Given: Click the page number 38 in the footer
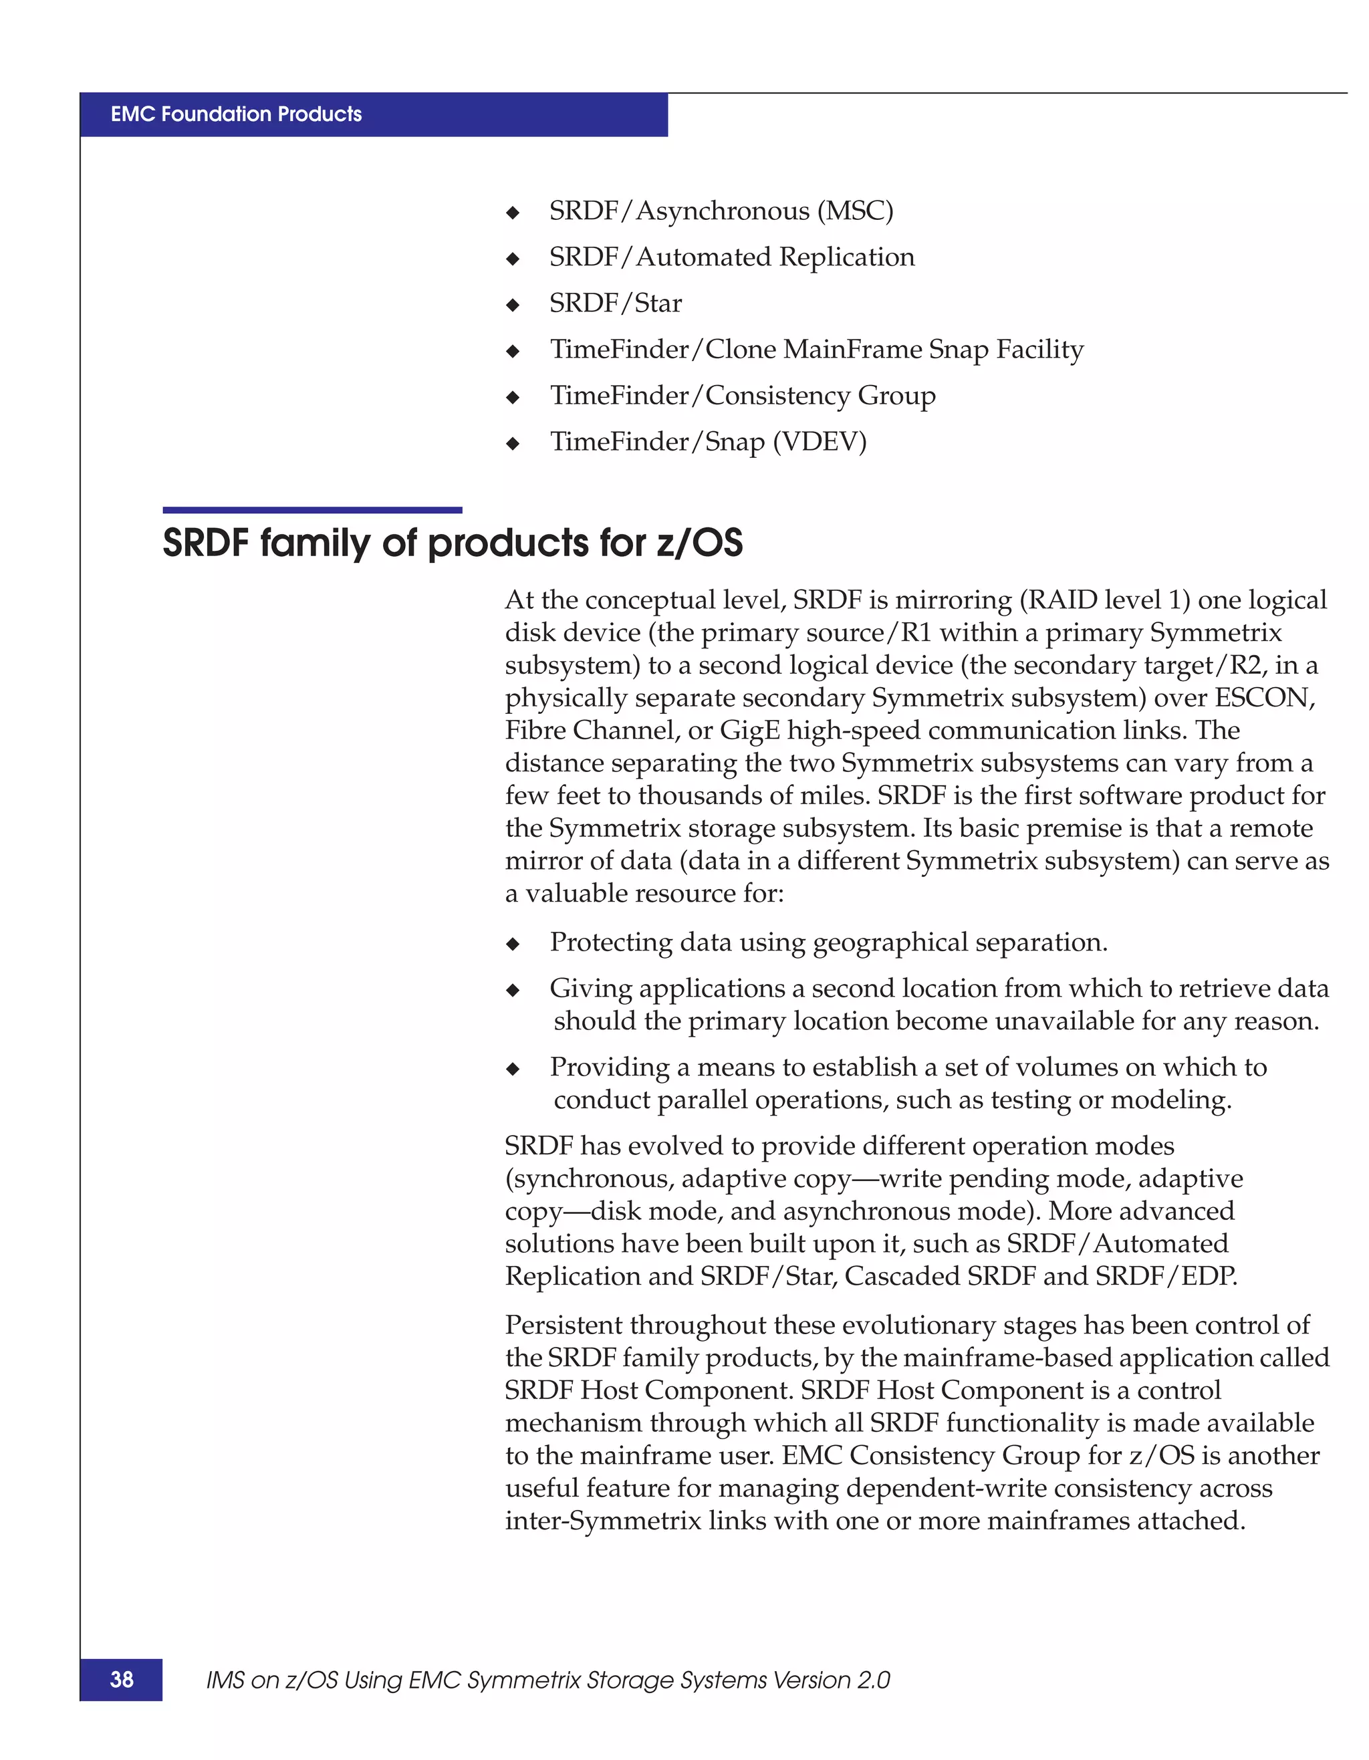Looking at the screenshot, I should coord(122,1679).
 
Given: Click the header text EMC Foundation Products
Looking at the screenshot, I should coord(236,114).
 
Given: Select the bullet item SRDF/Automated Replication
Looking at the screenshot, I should coord(732,257).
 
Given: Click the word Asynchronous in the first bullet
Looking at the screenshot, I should coord(723,211).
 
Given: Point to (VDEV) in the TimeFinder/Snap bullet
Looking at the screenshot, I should coord(820,442).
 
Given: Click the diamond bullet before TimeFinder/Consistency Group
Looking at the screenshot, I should coord(513,397).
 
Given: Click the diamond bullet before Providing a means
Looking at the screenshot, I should coord(513,1070).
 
